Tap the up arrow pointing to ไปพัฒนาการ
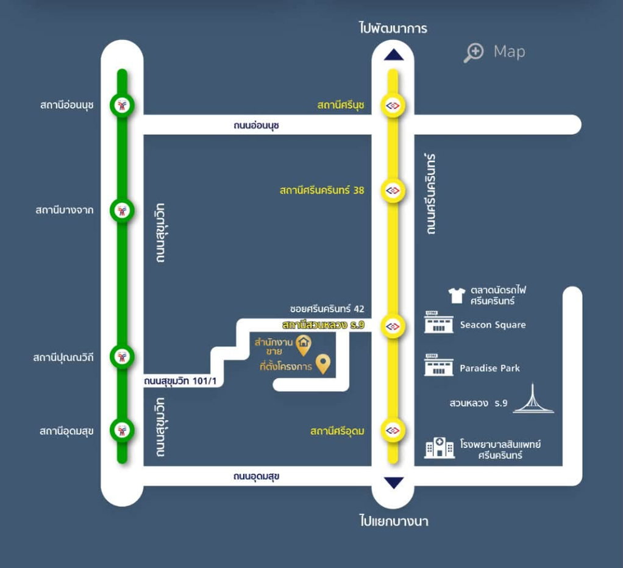tap(394, 55)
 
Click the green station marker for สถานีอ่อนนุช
tap(122, 105)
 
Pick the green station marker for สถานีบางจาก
tap(122, 210)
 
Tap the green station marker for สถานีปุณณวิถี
tap(122, 357)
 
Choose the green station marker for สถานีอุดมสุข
tap(122, 430)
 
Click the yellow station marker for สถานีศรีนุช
tap(393, 105)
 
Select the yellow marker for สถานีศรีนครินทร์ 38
tap(393, 191)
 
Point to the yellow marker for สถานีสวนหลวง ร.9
tap(393, 327)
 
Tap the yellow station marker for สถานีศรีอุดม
tap(393, 430)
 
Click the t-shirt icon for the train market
tap(457, 296)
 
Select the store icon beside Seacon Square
tap(439, 322)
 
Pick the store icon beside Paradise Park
tap(439, 365)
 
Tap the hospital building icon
tap(439, 448)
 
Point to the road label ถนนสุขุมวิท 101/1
tap(180, 382)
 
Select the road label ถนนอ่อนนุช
tap(256, 126)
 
